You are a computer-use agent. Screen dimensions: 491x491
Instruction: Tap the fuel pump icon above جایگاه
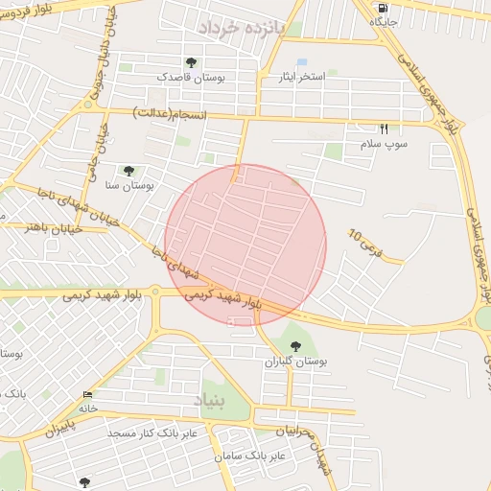pos(384,7)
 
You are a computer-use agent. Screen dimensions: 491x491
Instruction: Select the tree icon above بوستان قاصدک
pos(191,63)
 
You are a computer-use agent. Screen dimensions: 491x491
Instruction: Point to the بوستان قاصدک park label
pos(191,77)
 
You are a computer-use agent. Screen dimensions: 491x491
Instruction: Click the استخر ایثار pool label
pos(302,76)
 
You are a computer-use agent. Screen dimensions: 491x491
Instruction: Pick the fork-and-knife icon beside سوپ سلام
pos(384,129)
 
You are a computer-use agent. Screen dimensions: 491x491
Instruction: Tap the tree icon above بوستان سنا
pos(129,170)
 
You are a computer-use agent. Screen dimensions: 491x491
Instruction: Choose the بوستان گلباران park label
pos(296,362)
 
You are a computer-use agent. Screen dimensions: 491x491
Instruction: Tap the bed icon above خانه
pos(88,395)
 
